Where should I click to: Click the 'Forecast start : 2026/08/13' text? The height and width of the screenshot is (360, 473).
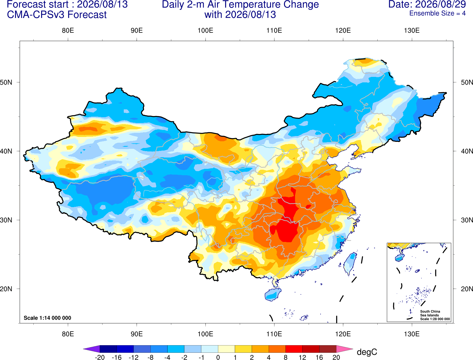click(67, 4)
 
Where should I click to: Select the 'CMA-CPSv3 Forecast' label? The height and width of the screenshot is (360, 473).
click(57, 15)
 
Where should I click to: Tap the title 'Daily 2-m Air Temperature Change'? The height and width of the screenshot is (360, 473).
click(240, 4)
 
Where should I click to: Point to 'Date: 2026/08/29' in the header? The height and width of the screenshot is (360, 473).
click(427, 4)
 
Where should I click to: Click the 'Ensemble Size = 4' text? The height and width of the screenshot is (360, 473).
click(437, 13)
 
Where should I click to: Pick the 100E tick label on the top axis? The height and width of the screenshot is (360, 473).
click(205, 30)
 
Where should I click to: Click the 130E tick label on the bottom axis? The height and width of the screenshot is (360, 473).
click(412, 334)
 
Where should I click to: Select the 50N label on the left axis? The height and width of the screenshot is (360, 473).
click(6, 82)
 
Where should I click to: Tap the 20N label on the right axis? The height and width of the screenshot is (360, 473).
click(467, 289)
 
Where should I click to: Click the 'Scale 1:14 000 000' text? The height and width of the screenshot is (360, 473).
click(48, 318)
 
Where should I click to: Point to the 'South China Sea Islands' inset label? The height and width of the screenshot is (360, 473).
click(430, 313)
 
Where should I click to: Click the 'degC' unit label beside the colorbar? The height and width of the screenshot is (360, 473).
click(367, 352)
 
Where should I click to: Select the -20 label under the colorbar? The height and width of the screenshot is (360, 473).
click(100, 357)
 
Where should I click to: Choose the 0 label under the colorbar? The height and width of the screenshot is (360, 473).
click(218, 357)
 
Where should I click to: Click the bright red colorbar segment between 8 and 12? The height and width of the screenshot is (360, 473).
click(294, 349)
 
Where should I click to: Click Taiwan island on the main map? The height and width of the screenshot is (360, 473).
click(349, 264)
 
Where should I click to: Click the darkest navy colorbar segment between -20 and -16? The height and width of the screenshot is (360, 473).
click(108, 349)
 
